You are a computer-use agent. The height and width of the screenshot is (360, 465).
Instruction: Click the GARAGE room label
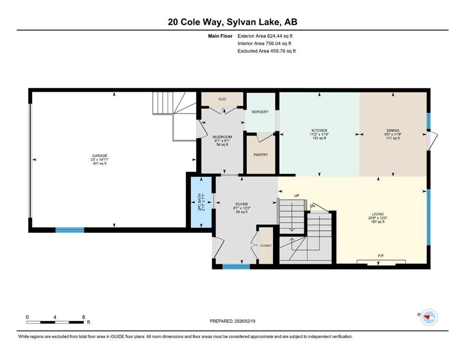(x=99, y=156)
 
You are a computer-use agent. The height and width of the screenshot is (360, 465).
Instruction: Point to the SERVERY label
(x=260, y=112)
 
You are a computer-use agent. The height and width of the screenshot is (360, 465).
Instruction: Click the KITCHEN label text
(x=319, y=130)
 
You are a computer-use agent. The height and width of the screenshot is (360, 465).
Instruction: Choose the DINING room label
(x=392, y=130)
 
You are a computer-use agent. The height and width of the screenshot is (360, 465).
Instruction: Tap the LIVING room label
(x=378, y=214)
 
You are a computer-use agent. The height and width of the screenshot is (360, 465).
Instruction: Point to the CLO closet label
(x=222, y=99)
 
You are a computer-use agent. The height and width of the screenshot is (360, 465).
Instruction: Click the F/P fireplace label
(x=381, y=256)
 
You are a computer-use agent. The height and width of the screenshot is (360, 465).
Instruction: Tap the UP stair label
(x=296, y=195)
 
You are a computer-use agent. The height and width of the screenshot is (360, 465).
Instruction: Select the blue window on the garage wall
(x=70, y=230)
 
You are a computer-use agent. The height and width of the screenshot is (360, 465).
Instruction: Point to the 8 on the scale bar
(x=83, y=317)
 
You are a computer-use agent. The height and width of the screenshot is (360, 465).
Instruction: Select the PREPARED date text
(x=232, y=321)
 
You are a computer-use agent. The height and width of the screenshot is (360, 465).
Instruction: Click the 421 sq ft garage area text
(x=99, y=164)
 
